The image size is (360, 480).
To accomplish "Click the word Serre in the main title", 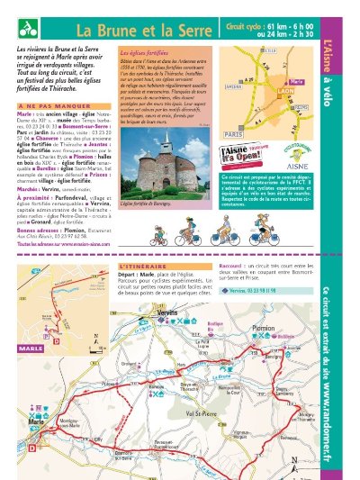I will pyautogui.click(x=188, y=28).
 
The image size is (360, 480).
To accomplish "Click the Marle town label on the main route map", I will pyautogui.click(x=36, y=421).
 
